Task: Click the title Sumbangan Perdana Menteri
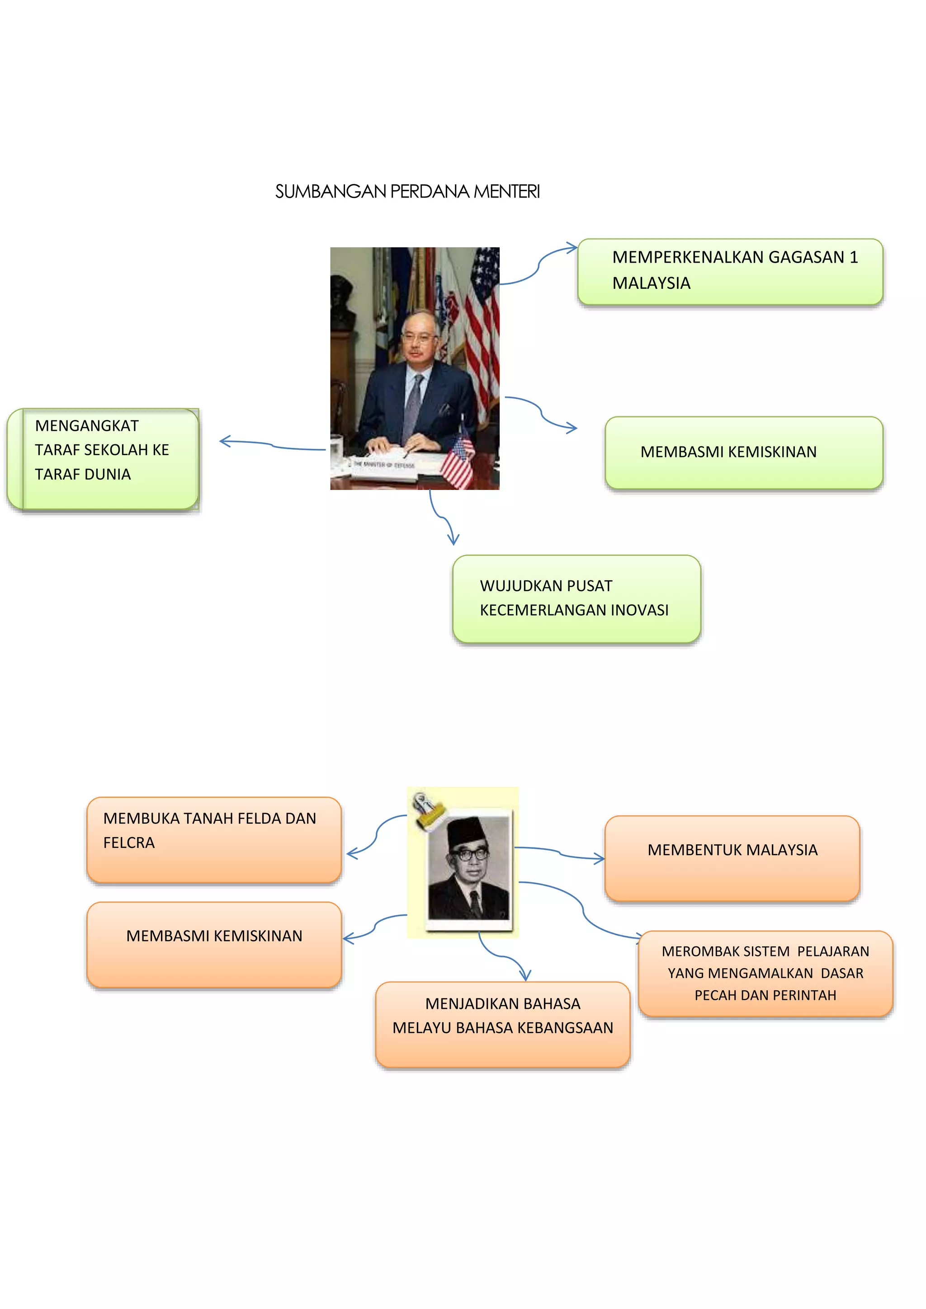pos(407,192)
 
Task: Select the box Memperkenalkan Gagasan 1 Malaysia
pos(730,271)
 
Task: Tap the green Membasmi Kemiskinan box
pos(743,452)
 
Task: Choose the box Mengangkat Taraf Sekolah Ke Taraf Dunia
pos(103,458)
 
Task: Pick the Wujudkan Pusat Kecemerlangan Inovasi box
pos(576,598)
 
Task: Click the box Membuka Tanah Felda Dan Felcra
pos(214,839)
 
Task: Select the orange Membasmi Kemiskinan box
pos(214,944)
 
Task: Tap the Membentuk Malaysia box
pos(732,858)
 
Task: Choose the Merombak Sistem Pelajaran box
pos(765,974)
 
